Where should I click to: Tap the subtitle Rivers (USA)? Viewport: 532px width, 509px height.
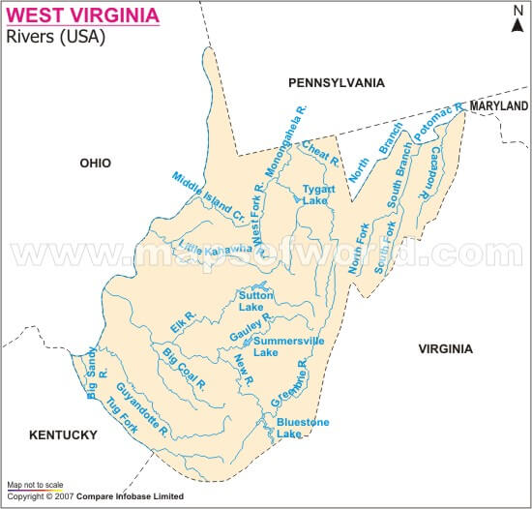(56, 38)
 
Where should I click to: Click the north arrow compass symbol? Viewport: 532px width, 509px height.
(517, 19)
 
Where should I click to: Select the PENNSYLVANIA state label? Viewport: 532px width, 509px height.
(337, 83)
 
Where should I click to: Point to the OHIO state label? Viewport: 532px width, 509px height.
(96, 164)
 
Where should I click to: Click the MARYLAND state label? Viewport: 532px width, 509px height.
(499, 105)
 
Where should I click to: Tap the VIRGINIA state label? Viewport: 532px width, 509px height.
(445, 348)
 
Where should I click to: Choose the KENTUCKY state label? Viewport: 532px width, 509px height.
(63, 434)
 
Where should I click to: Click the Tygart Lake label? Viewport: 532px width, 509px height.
(317, 195)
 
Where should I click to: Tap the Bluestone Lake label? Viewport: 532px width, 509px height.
(303, 428)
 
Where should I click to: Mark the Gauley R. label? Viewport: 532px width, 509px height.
(251, 328)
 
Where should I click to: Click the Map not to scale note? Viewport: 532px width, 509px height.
(36, 484)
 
